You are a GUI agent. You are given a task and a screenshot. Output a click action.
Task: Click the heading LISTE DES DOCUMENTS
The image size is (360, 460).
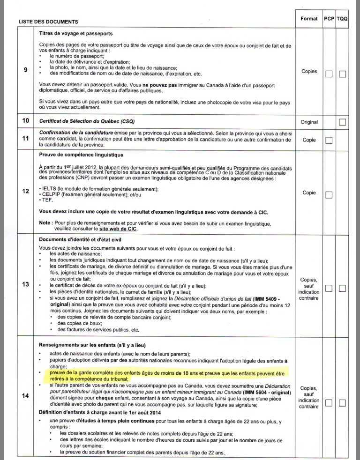coord(48,22)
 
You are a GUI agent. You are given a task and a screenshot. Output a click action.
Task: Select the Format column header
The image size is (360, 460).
coord(309,18)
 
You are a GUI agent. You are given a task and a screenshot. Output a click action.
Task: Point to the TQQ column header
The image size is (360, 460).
coord(342,18)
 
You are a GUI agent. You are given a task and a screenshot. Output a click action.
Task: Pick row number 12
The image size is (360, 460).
coord(26,191)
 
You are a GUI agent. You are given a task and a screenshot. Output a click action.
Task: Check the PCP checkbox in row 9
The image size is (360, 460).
coord(329,74)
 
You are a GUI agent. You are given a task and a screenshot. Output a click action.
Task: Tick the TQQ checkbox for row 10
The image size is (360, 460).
coord(343,122)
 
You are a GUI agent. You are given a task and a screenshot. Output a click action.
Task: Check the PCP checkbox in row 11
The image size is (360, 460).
coord(329,140)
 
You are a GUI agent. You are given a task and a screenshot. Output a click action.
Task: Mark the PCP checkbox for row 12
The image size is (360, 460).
coord(329,195)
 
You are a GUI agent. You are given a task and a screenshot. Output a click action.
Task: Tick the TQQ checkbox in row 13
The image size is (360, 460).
coord(343,288)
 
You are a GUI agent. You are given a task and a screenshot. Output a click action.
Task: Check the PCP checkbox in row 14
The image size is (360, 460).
coord(329,403)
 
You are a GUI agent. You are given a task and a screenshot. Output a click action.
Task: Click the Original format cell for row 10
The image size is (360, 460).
coord(309,122)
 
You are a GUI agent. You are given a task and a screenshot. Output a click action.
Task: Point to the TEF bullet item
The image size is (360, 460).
coord(45,200)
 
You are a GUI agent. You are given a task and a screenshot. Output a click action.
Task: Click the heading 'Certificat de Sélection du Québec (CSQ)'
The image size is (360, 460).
coord(87,121)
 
